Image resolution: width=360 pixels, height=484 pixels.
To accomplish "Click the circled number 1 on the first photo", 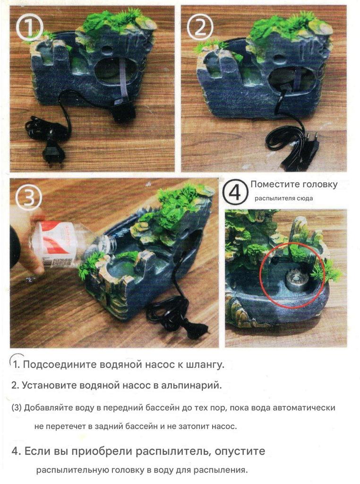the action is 29,28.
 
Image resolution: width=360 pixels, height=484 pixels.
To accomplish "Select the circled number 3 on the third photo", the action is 29,197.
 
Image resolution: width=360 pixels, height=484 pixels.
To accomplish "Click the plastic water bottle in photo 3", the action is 72,243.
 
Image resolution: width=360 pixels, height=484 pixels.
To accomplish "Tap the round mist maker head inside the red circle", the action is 295,280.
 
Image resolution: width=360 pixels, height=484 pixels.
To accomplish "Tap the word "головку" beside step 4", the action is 320,185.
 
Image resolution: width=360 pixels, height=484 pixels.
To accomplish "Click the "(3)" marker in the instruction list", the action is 17,408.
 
